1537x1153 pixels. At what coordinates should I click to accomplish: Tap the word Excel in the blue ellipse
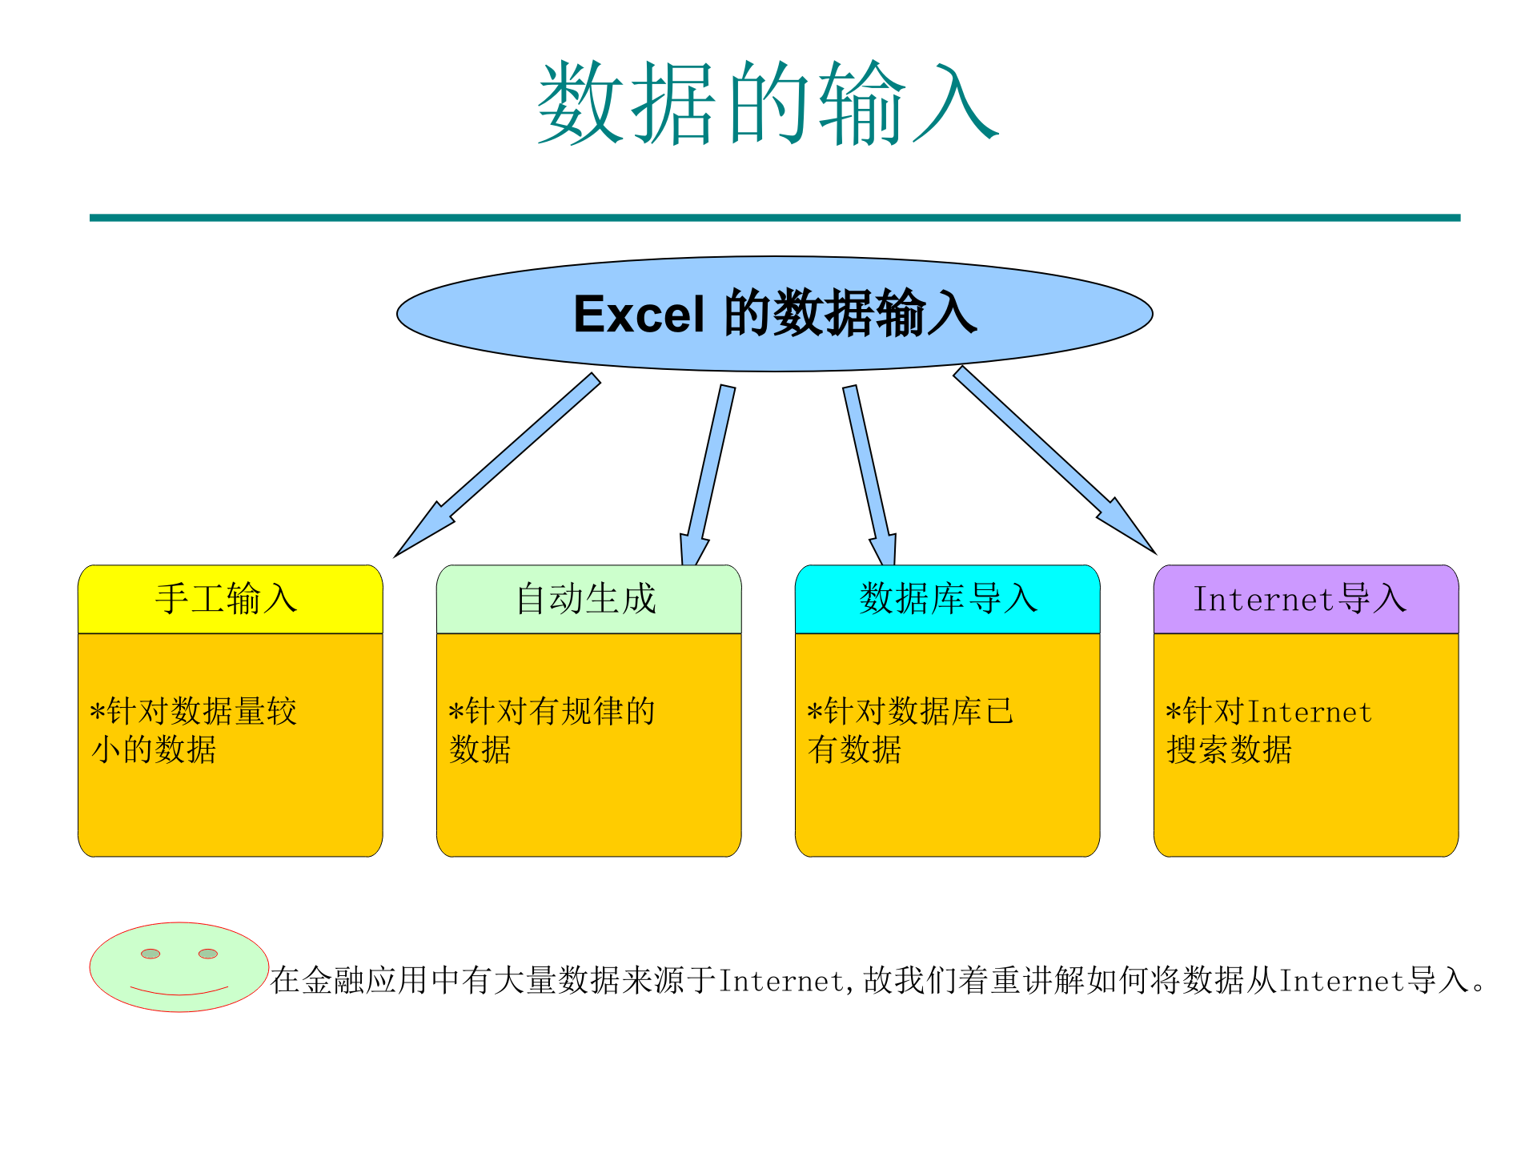coord(639,314)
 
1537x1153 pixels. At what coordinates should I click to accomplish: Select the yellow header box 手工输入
coord(230,599)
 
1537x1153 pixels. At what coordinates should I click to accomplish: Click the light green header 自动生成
coord(588,599)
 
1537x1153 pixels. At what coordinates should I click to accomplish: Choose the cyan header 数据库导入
coord(947,599)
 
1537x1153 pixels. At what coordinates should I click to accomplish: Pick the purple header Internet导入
coord(1305,599)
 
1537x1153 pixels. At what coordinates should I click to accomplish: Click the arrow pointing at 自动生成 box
coord(708,472)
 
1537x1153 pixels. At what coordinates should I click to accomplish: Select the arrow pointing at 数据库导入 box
coord(869,472)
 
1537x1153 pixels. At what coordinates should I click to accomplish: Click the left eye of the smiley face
coord(150,953)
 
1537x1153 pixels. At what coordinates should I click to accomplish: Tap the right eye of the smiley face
coord(208,953)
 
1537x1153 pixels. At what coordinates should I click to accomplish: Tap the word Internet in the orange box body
coord(1310,712)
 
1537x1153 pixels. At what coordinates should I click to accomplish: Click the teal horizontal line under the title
coord(775,218)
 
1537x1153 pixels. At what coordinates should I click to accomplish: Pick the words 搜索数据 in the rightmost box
coord(1229,750)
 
